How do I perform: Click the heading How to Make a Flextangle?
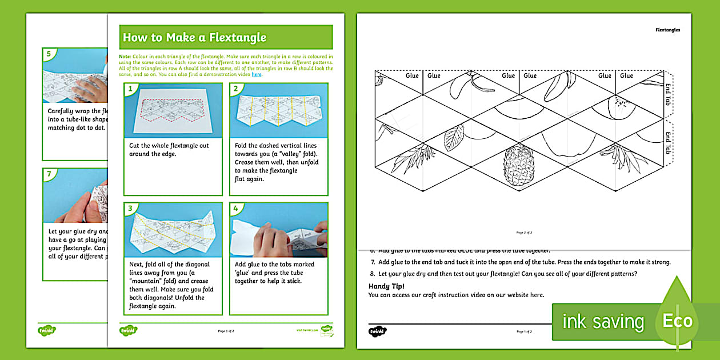(195, 38)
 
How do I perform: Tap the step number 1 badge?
(130, 89)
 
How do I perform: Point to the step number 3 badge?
(130, 208)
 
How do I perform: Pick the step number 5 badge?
(49, 54)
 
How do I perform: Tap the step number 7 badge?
(49, 174)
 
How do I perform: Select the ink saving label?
(603, 322)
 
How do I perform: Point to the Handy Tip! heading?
(386, 286)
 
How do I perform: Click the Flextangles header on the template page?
(667, 30)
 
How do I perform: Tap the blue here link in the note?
(257, 74)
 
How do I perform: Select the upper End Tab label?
(668, 94)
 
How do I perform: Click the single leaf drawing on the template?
(454, 137)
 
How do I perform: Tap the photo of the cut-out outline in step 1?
(173, 110)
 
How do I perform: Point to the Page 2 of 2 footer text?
(524, 233)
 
